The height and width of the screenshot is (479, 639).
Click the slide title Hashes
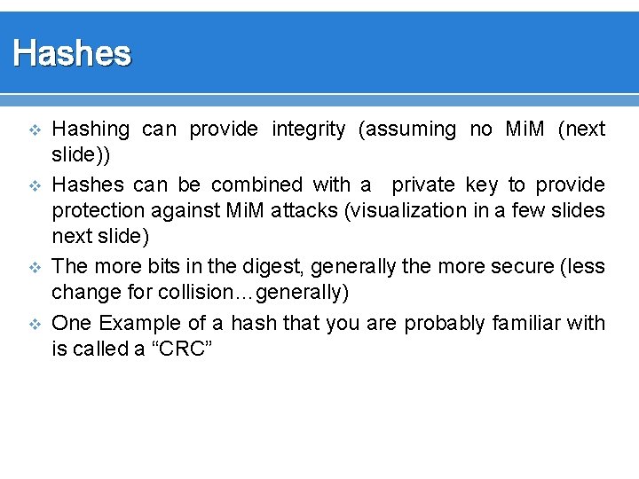point(72,54)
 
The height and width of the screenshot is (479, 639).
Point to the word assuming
point(406,130)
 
